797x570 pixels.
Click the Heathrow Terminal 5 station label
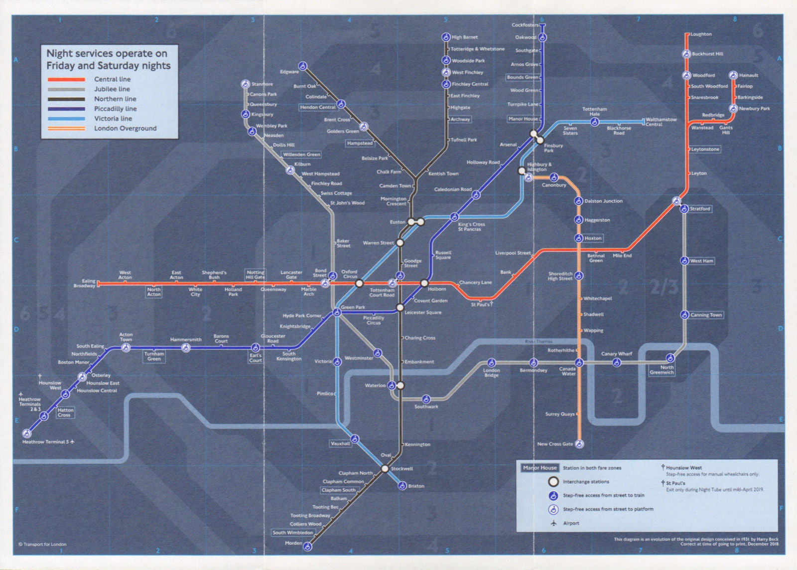coord(45,442)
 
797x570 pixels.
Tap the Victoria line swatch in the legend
coord(66,119)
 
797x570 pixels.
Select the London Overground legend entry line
coord(66,129)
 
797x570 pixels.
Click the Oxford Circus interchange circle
coord(359,283)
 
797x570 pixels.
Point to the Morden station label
coord(293,543)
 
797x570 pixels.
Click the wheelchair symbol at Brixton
coord(402,486)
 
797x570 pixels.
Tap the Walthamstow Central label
coord(661,122)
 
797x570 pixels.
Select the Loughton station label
coord(701,34)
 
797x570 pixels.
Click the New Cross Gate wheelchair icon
coord(579,444)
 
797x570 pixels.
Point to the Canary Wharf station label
coord(616,354)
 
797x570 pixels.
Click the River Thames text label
coord(538,342)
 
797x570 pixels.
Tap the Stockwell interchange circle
coord(385,469)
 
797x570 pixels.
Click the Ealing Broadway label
coord(85,283)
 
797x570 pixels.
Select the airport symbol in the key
coord(553,523)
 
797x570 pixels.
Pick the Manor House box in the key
coord(540,468)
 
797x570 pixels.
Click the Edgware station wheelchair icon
coord(302,66)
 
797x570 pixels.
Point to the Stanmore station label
coord(262,84)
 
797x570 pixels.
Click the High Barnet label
coord(464,37)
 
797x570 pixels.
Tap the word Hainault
coord(748,75)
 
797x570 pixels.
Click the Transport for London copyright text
coord(42,544)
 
